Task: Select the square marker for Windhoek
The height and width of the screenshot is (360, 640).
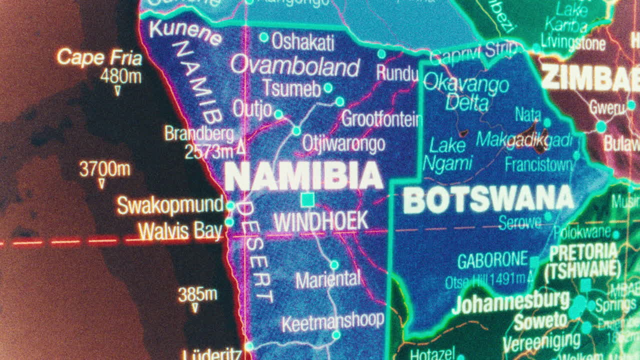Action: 307,200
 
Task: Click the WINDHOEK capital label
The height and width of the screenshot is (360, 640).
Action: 321,221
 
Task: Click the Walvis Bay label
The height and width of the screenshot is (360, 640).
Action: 180,231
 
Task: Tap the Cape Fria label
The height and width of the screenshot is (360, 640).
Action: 99,57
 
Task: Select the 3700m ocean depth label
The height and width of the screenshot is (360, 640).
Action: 105,169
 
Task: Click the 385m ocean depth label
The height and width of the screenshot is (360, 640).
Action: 197,294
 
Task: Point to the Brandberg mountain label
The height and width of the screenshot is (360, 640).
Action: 199,134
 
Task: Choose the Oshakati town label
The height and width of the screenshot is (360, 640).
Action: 303,42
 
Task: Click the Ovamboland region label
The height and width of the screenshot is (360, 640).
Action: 295,66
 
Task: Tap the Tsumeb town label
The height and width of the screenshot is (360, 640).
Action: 291,88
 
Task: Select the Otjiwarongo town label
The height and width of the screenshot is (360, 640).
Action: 343,144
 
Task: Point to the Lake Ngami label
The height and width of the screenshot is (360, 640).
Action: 447,154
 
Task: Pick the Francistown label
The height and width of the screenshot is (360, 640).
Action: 538,164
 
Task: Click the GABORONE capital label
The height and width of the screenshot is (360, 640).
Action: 492,260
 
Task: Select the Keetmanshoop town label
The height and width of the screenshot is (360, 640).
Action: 332,321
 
